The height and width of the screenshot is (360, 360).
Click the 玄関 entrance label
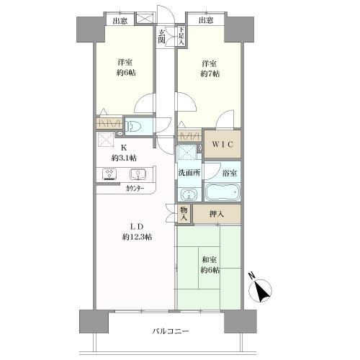pos(163,37)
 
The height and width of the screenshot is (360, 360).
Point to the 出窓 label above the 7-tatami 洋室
pos(205,20)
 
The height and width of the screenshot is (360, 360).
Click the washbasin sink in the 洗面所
pos(189,194)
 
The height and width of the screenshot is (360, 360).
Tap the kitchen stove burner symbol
pos(112,174)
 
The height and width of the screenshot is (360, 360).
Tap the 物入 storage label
pos(184,212)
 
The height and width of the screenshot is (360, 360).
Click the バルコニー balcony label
pos(171,331)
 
